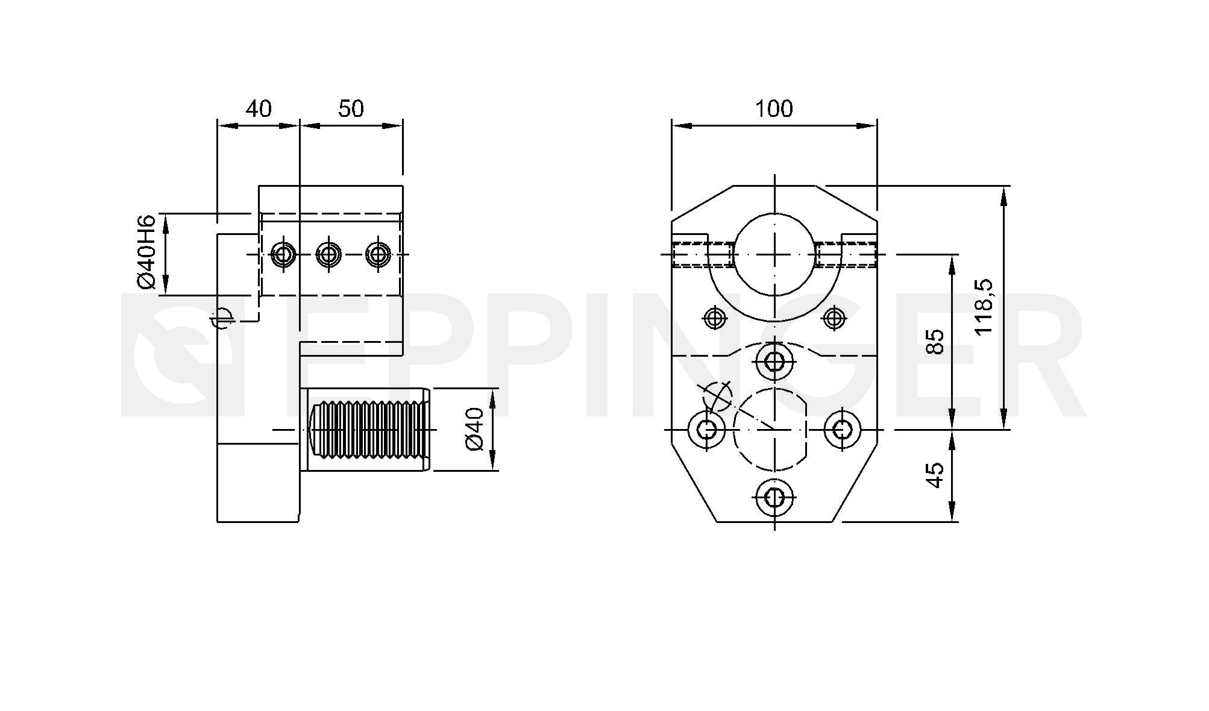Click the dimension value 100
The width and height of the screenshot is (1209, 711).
coord(774,109)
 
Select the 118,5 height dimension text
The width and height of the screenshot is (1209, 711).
coord(984,307)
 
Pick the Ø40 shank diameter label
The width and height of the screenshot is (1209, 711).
coord(475,429)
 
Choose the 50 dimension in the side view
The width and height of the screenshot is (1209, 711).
coord(351,109)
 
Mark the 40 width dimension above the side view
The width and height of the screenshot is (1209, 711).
coord(259,109)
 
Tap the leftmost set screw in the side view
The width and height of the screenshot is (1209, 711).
coord(282,254)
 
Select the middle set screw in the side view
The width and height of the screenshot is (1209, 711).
coord(328,254)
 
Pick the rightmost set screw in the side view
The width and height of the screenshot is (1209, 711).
coord(378,254)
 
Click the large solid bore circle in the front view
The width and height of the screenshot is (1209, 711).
coord(775,254)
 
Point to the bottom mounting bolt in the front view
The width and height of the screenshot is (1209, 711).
coord(775,498)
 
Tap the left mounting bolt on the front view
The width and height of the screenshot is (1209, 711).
coord(707,430)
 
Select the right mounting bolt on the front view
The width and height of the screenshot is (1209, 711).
coord(843,430)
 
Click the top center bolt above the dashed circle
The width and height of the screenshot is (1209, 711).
coord(775,362)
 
